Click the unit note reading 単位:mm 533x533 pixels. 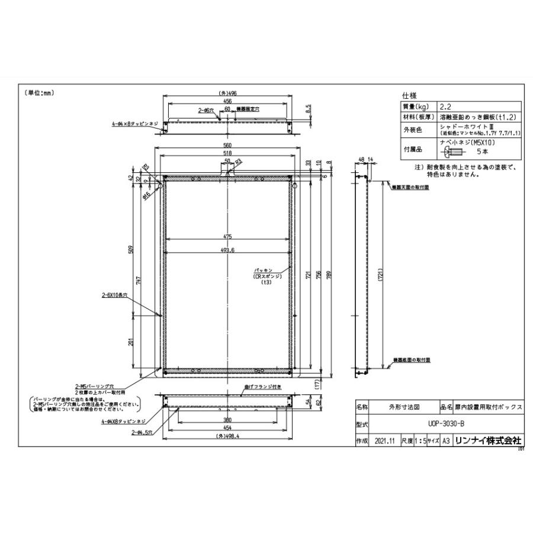pos(40,93)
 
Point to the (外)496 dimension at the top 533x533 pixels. pos(228,93)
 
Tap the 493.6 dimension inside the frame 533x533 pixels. pos(227,250)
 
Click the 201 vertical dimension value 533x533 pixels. pos(131,342)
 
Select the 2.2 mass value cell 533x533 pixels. pos(445,106)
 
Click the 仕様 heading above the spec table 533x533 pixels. pos(410,95)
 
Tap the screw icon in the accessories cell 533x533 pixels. pos(449,151)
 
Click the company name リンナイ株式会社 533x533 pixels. pos(487,441)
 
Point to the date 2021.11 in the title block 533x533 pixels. pos(385,441)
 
